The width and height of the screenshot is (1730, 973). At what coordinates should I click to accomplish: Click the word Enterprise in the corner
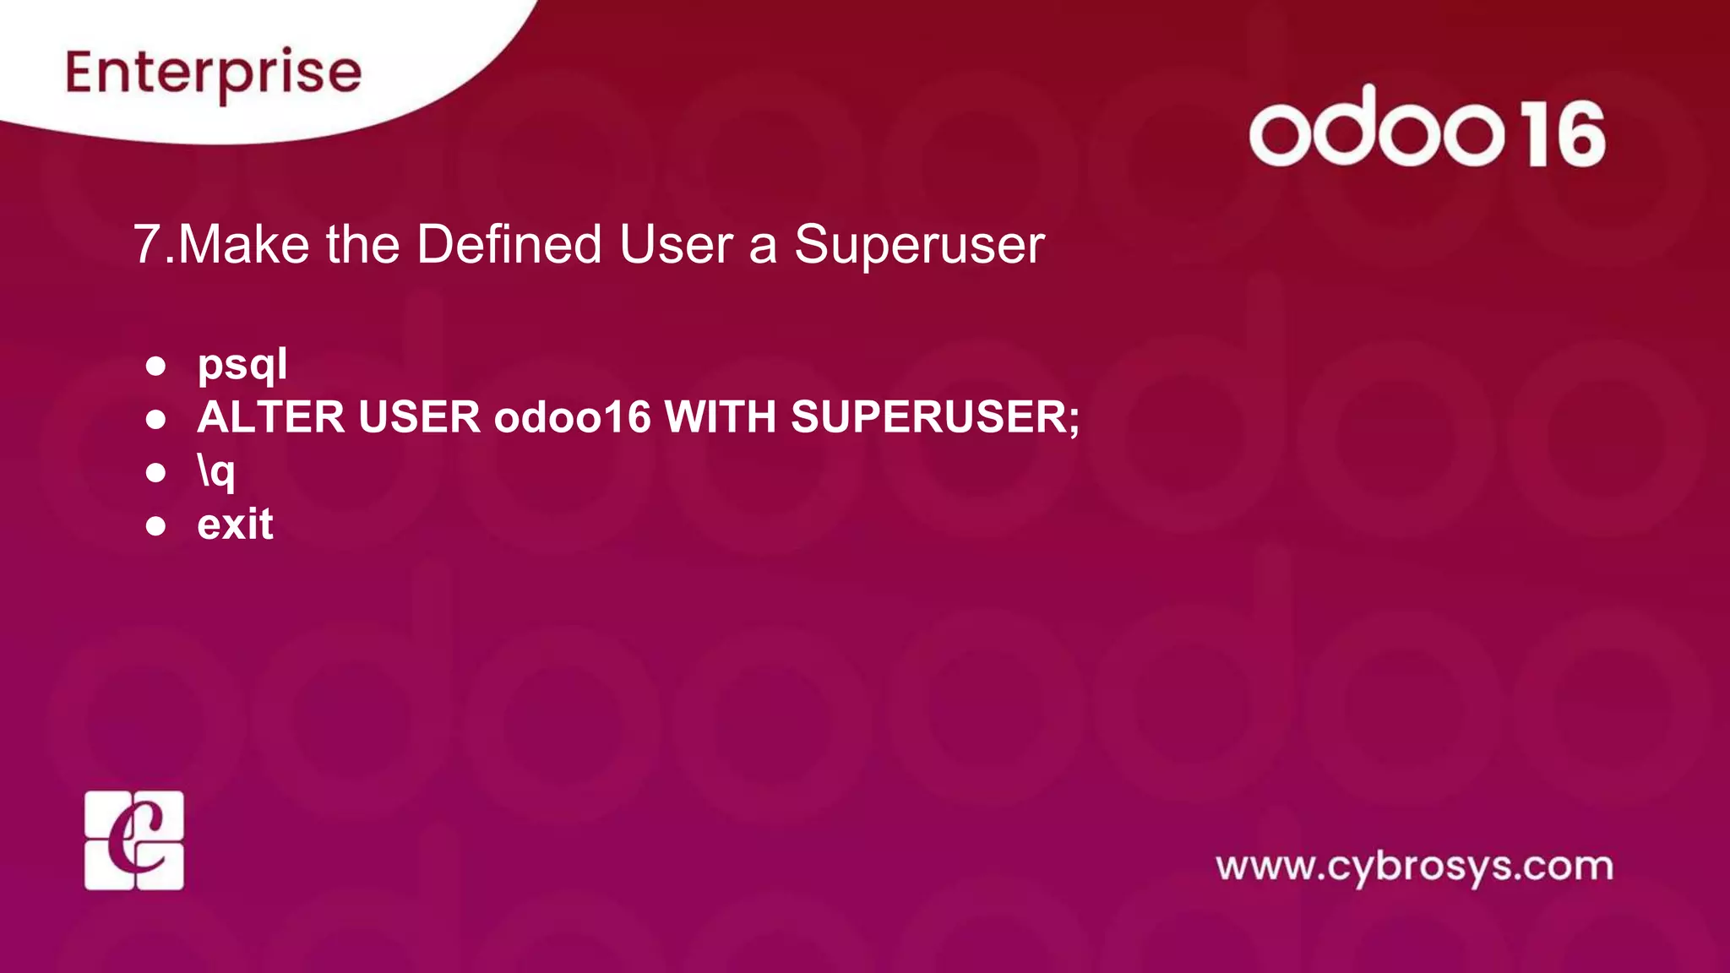(214, 73)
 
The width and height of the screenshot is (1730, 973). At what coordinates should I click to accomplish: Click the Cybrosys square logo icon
(134, 840)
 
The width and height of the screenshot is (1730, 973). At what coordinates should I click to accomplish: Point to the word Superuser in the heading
(919, 245)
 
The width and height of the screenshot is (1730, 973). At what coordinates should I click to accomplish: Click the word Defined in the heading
(509, 245)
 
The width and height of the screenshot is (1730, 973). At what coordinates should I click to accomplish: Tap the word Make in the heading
(244, 245)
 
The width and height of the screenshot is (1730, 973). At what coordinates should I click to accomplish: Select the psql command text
(242, 365)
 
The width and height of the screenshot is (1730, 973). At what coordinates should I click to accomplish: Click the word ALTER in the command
(271, 417)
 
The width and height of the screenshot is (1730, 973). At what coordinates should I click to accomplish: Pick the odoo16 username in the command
(573, 417)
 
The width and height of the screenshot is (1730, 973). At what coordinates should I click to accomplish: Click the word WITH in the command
(721, 417)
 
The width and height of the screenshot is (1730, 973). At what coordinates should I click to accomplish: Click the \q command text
(216, 471)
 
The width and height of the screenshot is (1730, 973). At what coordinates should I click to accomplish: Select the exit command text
(235, 525)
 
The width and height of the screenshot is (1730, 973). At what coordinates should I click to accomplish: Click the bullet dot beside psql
(155, 366)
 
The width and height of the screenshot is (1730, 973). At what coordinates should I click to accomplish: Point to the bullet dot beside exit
(155, 526)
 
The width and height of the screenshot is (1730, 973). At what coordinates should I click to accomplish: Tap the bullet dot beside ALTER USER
(155, 419)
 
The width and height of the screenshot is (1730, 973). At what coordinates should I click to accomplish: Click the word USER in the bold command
(419, 417)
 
